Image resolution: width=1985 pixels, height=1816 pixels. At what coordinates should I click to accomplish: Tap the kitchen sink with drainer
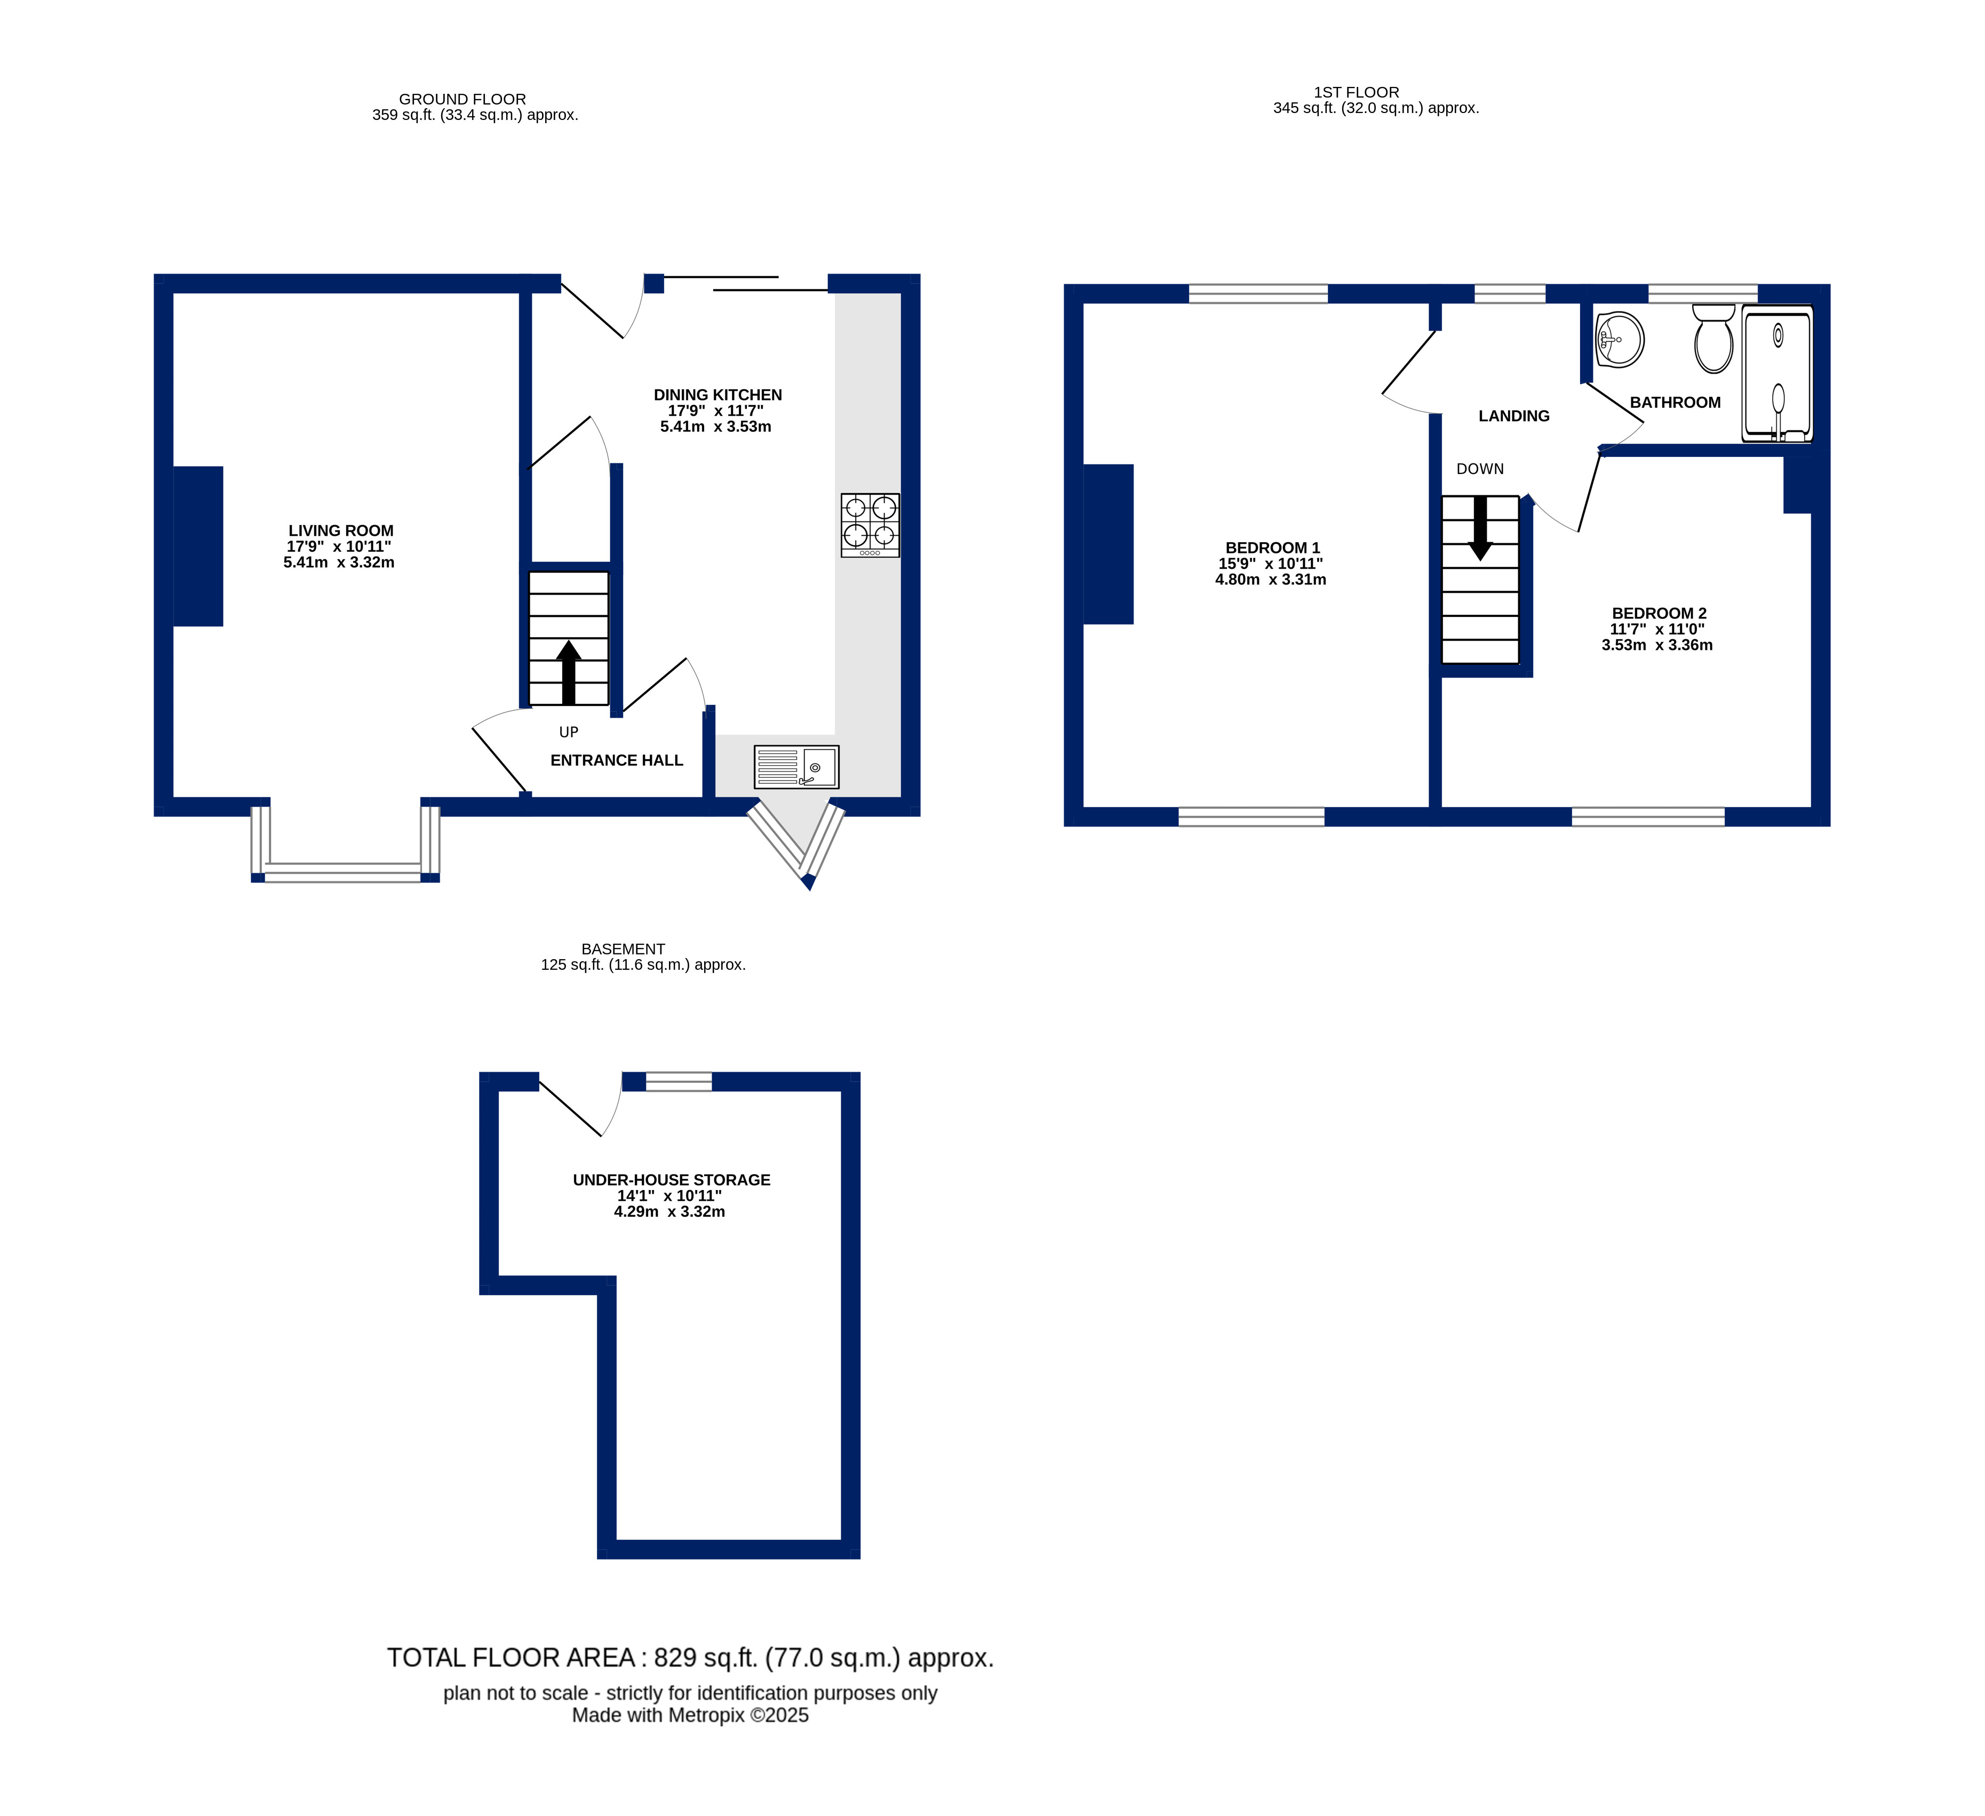pyautogui.click(x=796, y=767)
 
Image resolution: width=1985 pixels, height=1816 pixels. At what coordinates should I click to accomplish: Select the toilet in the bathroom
pyautogui.click(x=1713, y=338)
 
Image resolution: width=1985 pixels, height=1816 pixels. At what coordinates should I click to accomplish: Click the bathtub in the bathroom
pyautogui.click(x=1777, y=373)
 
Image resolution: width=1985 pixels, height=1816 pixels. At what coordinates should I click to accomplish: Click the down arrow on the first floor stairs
pyautogui.click(x=1480, y=527)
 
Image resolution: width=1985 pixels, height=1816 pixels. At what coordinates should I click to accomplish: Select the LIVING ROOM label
pyautogui.click(x=341, y=531)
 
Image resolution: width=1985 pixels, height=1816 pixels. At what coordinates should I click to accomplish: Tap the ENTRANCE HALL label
pyautogui.click(x=616, y=760)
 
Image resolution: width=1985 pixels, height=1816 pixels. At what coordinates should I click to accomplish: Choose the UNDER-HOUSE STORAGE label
pyautogui.click(x=672, y=1180)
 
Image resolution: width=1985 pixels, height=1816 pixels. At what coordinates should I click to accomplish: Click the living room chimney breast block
pyautogui.click(x=198, y=547)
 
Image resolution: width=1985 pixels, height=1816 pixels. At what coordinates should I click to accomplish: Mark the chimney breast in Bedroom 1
pyautogui.click(x=1109, y=544)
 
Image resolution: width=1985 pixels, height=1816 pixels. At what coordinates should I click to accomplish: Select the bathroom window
pyautogui.click(x=1702, y=293)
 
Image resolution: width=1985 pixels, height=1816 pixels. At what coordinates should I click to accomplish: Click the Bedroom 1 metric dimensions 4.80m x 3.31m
pyautogui.click(x=1270, y=580)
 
